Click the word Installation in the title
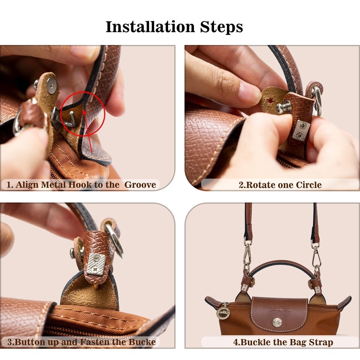pos(150,27)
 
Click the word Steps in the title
pos(221,27)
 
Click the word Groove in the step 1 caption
pos(140,185)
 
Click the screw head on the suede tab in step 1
pos(51,85)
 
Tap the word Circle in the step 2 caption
pos(309,185)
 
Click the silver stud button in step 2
pos(282,106)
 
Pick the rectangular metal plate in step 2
pos(301,130)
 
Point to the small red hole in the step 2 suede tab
pos(271,100)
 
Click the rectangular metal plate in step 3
pos(96,264)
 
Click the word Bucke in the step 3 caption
pos(142,342)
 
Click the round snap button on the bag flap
pos(277,323)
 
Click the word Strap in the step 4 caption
pos(321,342)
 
